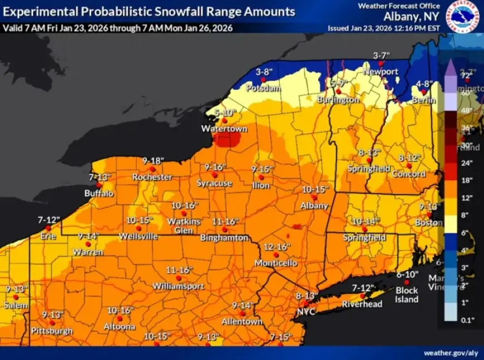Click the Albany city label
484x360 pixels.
pyautogui.click(x=314, y=205)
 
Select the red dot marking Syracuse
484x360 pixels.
pyautogui.click(x=215, y=175)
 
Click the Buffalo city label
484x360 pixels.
pyautogui.click(x=99, y=193)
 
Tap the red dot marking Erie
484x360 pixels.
pyautogui.click(x=48, y=228)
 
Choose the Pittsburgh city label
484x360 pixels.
pyautogui.click(x=52, y=331)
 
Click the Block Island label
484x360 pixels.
pyautogui.click(x=407, y=295)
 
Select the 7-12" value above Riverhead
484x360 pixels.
pyautogui.click(x=364, y=287)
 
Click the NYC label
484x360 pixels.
pyautogui.click(x=305, y=312)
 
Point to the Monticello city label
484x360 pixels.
pyautogui.click(x=276, y=263)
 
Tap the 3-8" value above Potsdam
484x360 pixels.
pyautogui.click(x=264, y=72)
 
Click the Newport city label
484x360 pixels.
pyautogui.click(x=381, y=72)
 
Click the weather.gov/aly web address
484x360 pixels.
pyautogui.click(x=450, y=353)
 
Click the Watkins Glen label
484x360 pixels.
pyautogui.click(x=184, y=225)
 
